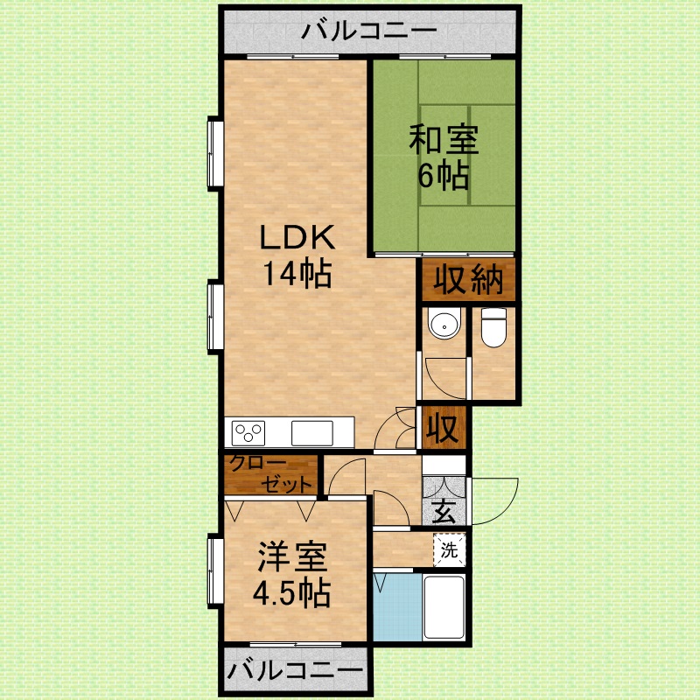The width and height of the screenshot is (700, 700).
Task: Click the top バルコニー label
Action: point(368,32)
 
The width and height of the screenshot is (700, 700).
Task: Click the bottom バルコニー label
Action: point(295,672)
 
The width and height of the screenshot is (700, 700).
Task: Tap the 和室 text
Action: point(442,139)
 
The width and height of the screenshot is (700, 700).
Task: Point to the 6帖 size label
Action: point(442,176)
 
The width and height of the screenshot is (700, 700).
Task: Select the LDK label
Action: point(296,238)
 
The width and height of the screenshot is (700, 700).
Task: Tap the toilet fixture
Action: point(494,327)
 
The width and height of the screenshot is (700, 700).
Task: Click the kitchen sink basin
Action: point(312,432)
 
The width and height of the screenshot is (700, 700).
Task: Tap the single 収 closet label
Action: point(443,430)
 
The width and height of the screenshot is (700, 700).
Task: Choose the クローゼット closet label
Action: point(270,474)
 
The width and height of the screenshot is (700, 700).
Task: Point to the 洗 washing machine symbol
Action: point(449,551)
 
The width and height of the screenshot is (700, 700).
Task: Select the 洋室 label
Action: point(291,557)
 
